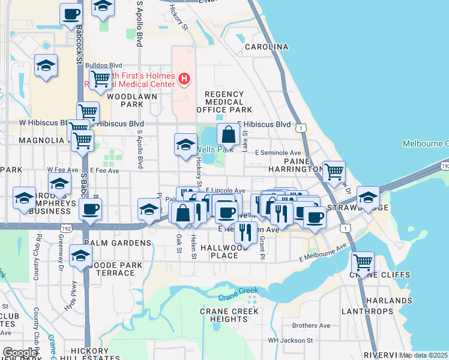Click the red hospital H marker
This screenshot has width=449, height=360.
coord(184,79)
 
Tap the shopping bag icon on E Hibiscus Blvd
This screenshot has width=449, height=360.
coord(229,134)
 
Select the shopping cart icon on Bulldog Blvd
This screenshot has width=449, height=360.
coord(100,79)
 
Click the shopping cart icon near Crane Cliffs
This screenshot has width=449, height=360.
coord(363,262)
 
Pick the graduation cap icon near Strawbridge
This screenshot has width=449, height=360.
coord(368,197)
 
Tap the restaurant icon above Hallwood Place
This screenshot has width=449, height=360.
coord(245,231)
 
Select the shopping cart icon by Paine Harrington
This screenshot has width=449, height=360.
coord(334,172)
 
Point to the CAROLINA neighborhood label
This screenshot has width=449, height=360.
coord(266,47)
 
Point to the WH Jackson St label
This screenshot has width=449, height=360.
coord(290,340)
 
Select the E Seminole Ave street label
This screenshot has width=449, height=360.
coord(277,153)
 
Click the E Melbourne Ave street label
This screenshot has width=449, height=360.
coord(323,253)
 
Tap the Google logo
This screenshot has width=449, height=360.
coord(20,353)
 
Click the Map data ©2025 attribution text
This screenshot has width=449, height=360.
coord(423,355)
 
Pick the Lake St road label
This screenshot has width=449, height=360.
coord(245,144)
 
